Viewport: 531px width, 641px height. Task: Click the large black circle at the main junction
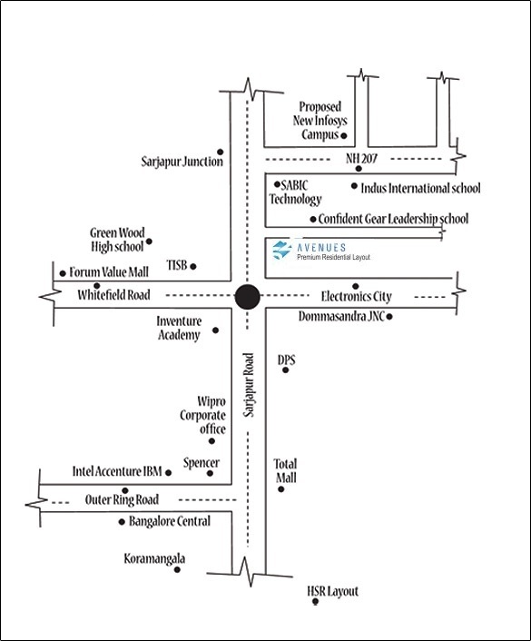(x=247, y=297)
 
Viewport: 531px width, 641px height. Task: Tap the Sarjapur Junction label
(x=182, y=162)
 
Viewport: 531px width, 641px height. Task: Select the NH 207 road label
(x=361, y=158)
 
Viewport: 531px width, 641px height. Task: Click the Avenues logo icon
(x=281, y=250)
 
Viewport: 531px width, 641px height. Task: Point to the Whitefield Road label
(x=113, y=295)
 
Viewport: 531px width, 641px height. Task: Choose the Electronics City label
(x=356, y=296)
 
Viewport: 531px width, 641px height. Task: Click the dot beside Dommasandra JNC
(x=389, y=316)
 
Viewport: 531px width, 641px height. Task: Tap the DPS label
(x=286, y=360)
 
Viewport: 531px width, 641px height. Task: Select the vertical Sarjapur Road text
(x=249, y=385)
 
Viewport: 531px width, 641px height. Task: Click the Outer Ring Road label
(x=122, y=499)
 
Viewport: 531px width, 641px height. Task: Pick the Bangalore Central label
(x=170, y=521)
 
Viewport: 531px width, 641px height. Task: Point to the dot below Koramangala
(x=177, y=569)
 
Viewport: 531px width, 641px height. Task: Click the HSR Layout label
(x=332, y=591)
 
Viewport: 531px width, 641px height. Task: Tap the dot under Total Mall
(x=280, y=489)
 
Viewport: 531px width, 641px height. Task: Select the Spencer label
(x=202, y=463)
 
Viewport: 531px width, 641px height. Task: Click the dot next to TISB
(x=193, y=267)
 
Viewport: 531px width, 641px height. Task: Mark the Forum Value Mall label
(x=109, y=271)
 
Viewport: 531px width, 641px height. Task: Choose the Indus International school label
(x=420, y=188)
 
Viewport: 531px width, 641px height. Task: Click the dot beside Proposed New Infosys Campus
(x=344, y=135)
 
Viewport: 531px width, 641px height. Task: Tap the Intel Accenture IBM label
(x=117, y=471)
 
